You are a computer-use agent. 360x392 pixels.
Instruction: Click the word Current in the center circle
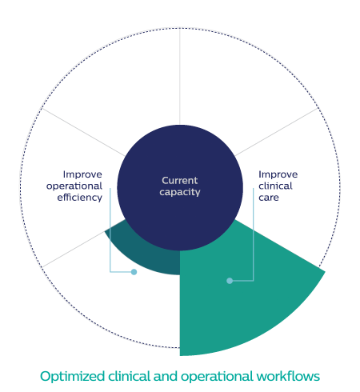(x=180, y=181)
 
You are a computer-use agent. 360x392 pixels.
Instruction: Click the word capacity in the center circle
(x=180, y=192)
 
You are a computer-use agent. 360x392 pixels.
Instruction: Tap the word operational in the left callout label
(x=74, y=186)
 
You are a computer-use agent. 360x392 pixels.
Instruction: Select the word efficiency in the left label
(x=79, y=198)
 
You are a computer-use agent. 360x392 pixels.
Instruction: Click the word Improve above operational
(x=82, y=174)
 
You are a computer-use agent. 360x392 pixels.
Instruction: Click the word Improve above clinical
(x=278, y=174)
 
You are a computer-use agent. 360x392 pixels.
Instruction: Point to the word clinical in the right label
(x=275, y=186)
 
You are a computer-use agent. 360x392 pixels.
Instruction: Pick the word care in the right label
(x=269, y=198)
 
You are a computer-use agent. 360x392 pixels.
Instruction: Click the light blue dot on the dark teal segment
(x=134, y=272)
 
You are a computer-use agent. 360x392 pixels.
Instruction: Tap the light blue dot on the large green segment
(x=230, y=281)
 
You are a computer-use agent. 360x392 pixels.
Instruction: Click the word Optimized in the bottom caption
(x=72, y=377)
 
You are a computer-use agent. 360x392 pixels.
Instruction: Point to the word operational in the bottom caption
(x=217, y=377)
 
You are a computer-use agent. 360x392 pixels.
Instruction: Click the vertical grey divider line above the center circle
(x=180, y=77)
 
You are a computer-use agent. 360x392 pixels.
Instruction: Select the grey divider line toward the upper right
(x=277, y=132)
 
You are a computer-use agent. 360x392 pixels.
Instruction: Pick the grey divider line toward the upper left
(x=83, y=132)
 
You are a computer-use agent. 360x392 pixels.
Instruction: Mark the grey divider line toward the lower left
(x=74, y=250)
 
